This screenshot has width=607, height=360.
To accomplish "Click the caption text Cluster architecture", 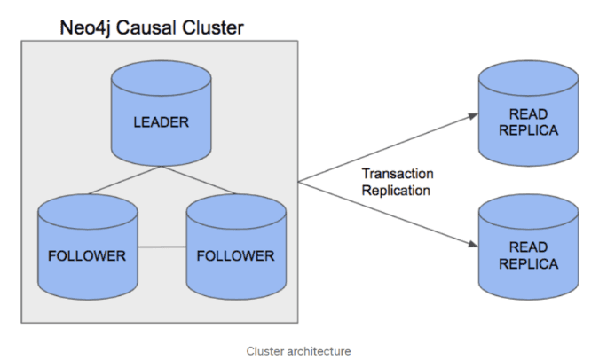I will [x=298, y=351].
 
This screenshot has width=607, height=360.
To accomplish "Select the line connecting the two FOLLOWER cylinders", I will [x=162, y=247].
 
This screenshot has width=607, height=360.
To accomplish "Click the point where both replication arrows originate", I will [x=299, y=182].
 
